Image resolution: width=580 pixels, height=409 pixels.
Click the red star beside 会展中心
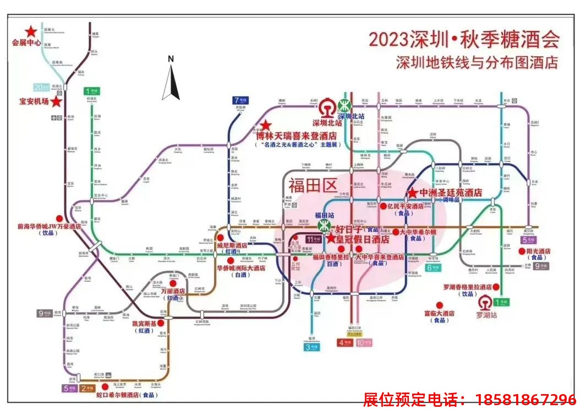[31, 31]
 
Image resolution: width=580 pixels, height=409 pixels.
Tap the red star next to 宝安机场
[56, 101]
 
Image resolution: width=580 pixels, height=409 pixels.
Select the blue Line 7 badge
[240, 100]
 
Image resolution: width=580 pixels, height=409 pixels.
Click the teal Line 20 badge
[41, 87]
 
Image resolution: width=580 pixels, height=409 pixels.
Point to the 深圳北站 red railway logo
[328, 106]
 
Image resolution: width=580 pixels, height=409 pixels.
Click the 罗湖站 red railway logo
[486, 303]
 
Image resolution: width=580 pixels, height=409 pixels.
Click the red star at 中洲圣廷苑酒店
[412, 193]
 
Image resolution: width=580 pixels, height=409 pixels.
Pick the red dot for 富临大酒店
[439, 305]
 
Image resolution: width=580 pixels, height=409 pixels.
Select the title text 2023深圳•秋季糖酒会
[463, 40]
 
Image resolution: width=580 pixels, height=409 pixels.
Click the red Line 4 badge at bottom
[345, 342]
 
